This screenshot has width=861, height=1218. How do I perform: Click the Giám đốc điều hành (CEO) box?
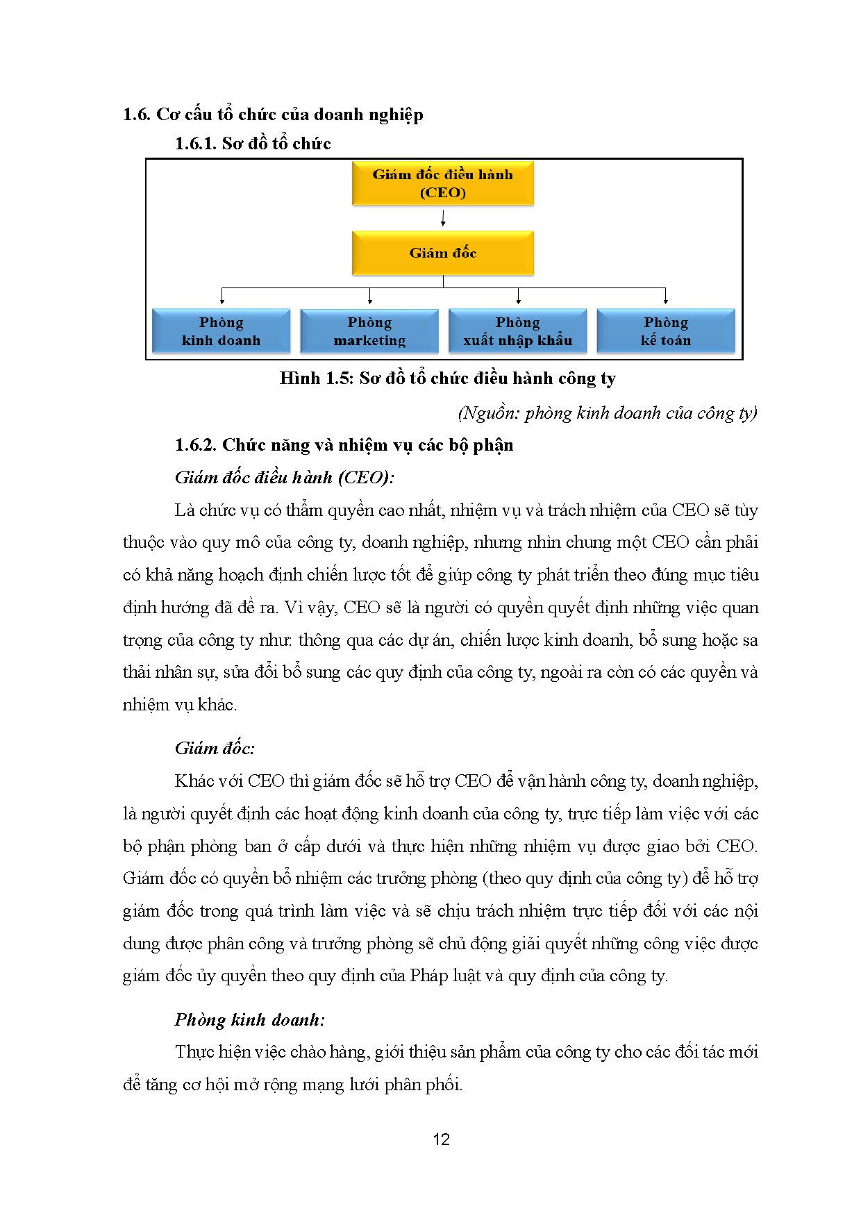click(x=442, y=183)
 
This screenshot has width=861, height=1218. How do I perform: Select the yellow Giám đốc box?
click(x=442, y=253)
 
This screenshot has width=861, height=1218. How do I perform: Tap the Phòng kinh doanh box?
click(x=221, y=331)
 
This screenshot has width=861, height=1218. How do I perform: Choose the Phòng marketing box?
click(x=369, y=331)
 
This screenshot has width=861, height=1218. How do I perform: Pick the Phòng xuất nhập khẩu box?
click(x=517, y=331)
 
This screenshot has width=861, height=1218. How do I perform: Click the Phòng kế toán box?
click(x=665, y=331)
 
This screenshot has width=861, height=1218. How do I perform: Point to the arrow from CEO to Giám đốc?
click(x=443, y=218)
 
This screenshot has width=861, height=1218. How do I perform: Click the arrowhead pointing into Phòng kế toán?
click(x=665, y=301)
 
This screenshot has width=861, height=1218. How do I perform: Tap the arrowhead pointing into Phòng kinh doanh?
click(x=221, y=301)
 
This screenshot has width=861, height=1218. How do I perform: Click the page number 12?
click(x=441, y=1140)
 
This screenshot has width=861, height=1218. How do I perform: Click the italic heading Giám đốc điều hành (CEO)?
click(x=284, y=478)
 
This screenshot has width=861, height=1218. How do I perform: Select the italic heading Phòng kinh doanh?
click(x=249, y=1020)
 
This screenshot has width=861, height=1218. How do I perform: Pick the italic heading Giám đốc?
click(x=215, y=749)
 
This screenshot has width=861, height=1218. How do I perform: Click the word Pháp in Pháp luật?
click(x=428, y=976)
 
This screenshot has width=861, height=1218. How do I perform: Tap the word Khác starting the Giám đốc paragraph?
click(x=194, y=781)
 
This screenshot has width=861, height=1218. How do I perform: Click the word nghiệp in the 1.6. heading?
click(x=396, y=115)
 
